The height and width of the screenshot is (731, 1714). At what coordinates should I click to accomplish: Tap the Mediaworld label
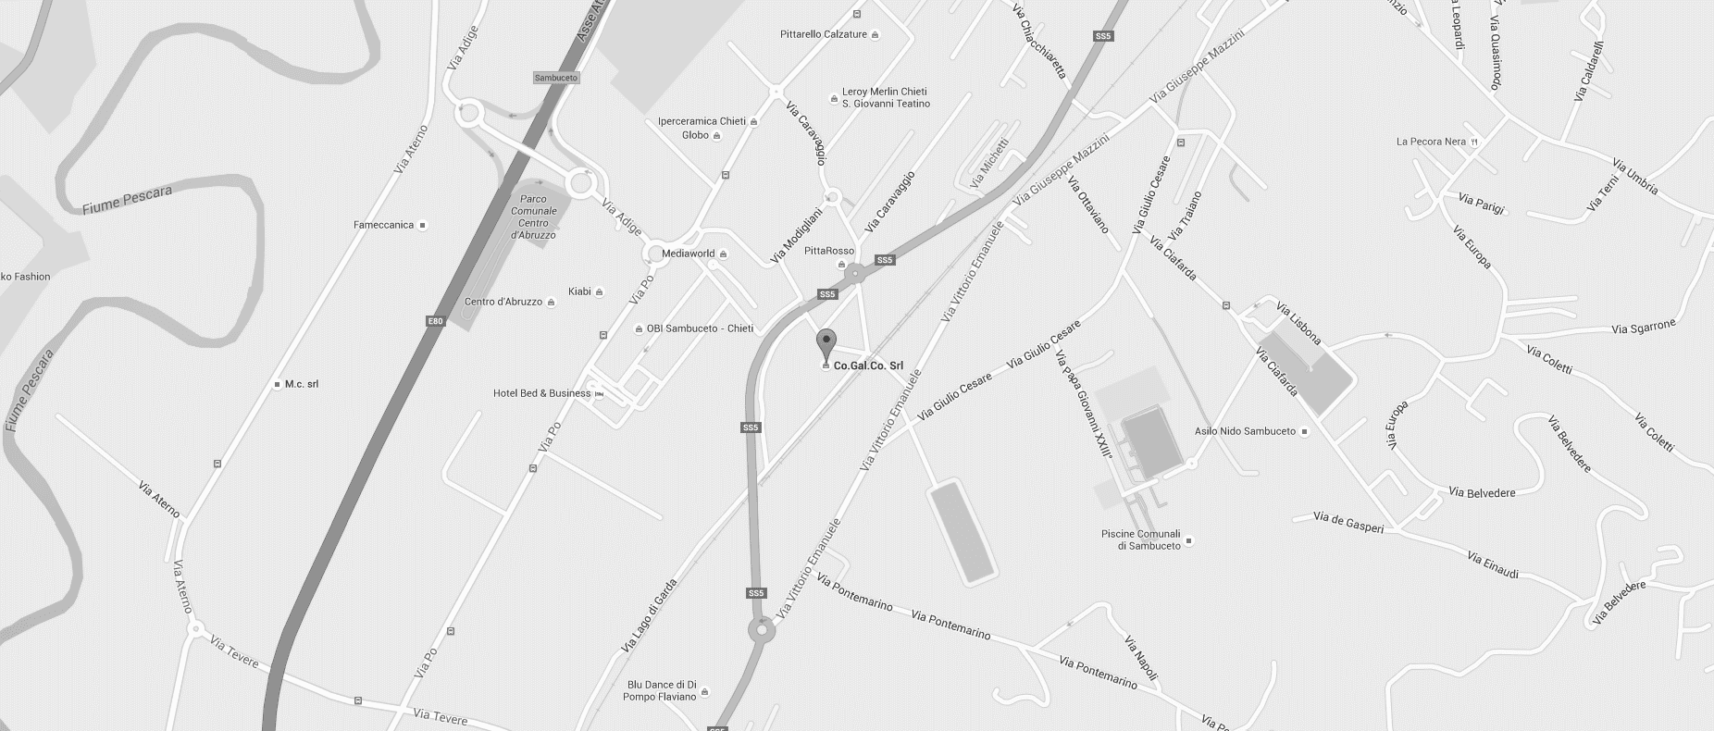(688, 254)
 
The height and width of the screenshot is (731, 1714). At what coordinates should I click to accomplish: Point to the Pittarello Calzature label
(824, 34)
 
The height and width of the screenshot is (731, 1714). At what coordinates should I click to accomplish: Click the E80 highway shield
(435, 321)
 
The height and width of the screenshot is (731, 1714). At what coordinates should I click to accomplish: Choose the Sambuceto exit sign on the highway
(556, 78)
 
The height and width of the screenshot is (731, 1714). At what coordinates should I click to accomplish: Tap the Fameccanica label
(383, 225)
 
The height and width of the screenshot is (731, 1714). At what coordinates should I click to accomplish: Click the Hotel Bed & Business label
(541, 393)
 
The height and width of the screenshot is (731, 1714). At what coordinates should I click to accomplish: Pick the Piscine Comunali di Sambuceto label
(1140, 539)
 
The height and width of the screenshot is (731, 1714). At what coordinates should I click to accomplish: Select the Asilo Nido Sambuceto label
(1245, 431)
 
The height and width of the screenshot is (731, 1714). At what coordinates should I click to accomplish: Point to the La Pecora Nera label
(1431, 142)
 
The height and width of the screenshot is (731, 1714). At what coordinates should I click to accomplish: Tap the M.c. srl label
(302, 384)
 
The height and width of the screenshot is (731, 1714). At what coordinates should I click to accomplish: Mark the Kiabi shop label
(579, 291)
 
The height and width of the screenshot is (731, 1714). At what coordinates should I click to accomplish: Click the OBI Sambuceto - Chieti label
(700, 328)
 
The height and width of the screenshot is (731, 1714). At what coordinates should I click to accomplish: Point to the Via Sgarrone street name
(1643, 328)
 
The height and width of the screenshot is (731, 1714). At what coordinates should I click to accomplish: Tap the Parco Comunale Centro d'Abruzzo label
(533, 217)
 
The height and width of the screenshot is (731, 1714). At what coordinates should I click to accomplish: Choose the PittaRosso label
(829, 251)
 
